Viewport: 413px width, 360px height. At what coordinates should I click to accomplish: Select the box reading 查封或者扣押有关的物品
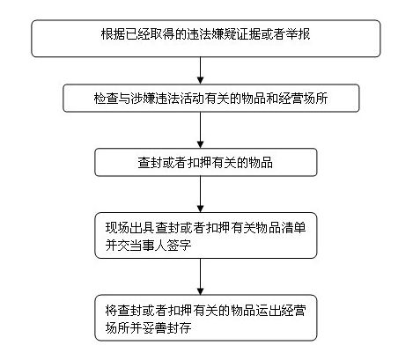pyautogui.click(x=206, y=162)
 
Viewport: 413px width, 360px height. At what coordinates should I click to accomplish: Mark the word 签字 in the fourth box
pyautogui.click(x=180, y=246)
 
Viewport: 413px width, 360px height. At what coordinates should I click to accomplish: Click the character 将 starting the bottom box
pyautogui.click(x=111, y=310)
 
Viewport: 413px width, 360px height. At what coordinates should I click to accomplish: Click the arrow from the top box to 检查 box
pyautogui.click(x=200, y=70)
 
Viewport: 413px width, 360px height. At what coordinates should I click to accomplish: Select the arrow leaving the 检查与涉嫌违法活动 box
pyautogui.click(x=200, y=130)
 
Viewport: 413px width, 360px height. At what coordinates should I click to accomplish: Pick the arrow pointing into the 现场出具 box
pyautogui.click(x=200, y=195)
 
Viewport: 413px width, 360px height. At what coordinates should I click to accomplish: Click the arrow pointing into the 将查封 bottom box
pyautogui.click(x=200, y=276)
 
